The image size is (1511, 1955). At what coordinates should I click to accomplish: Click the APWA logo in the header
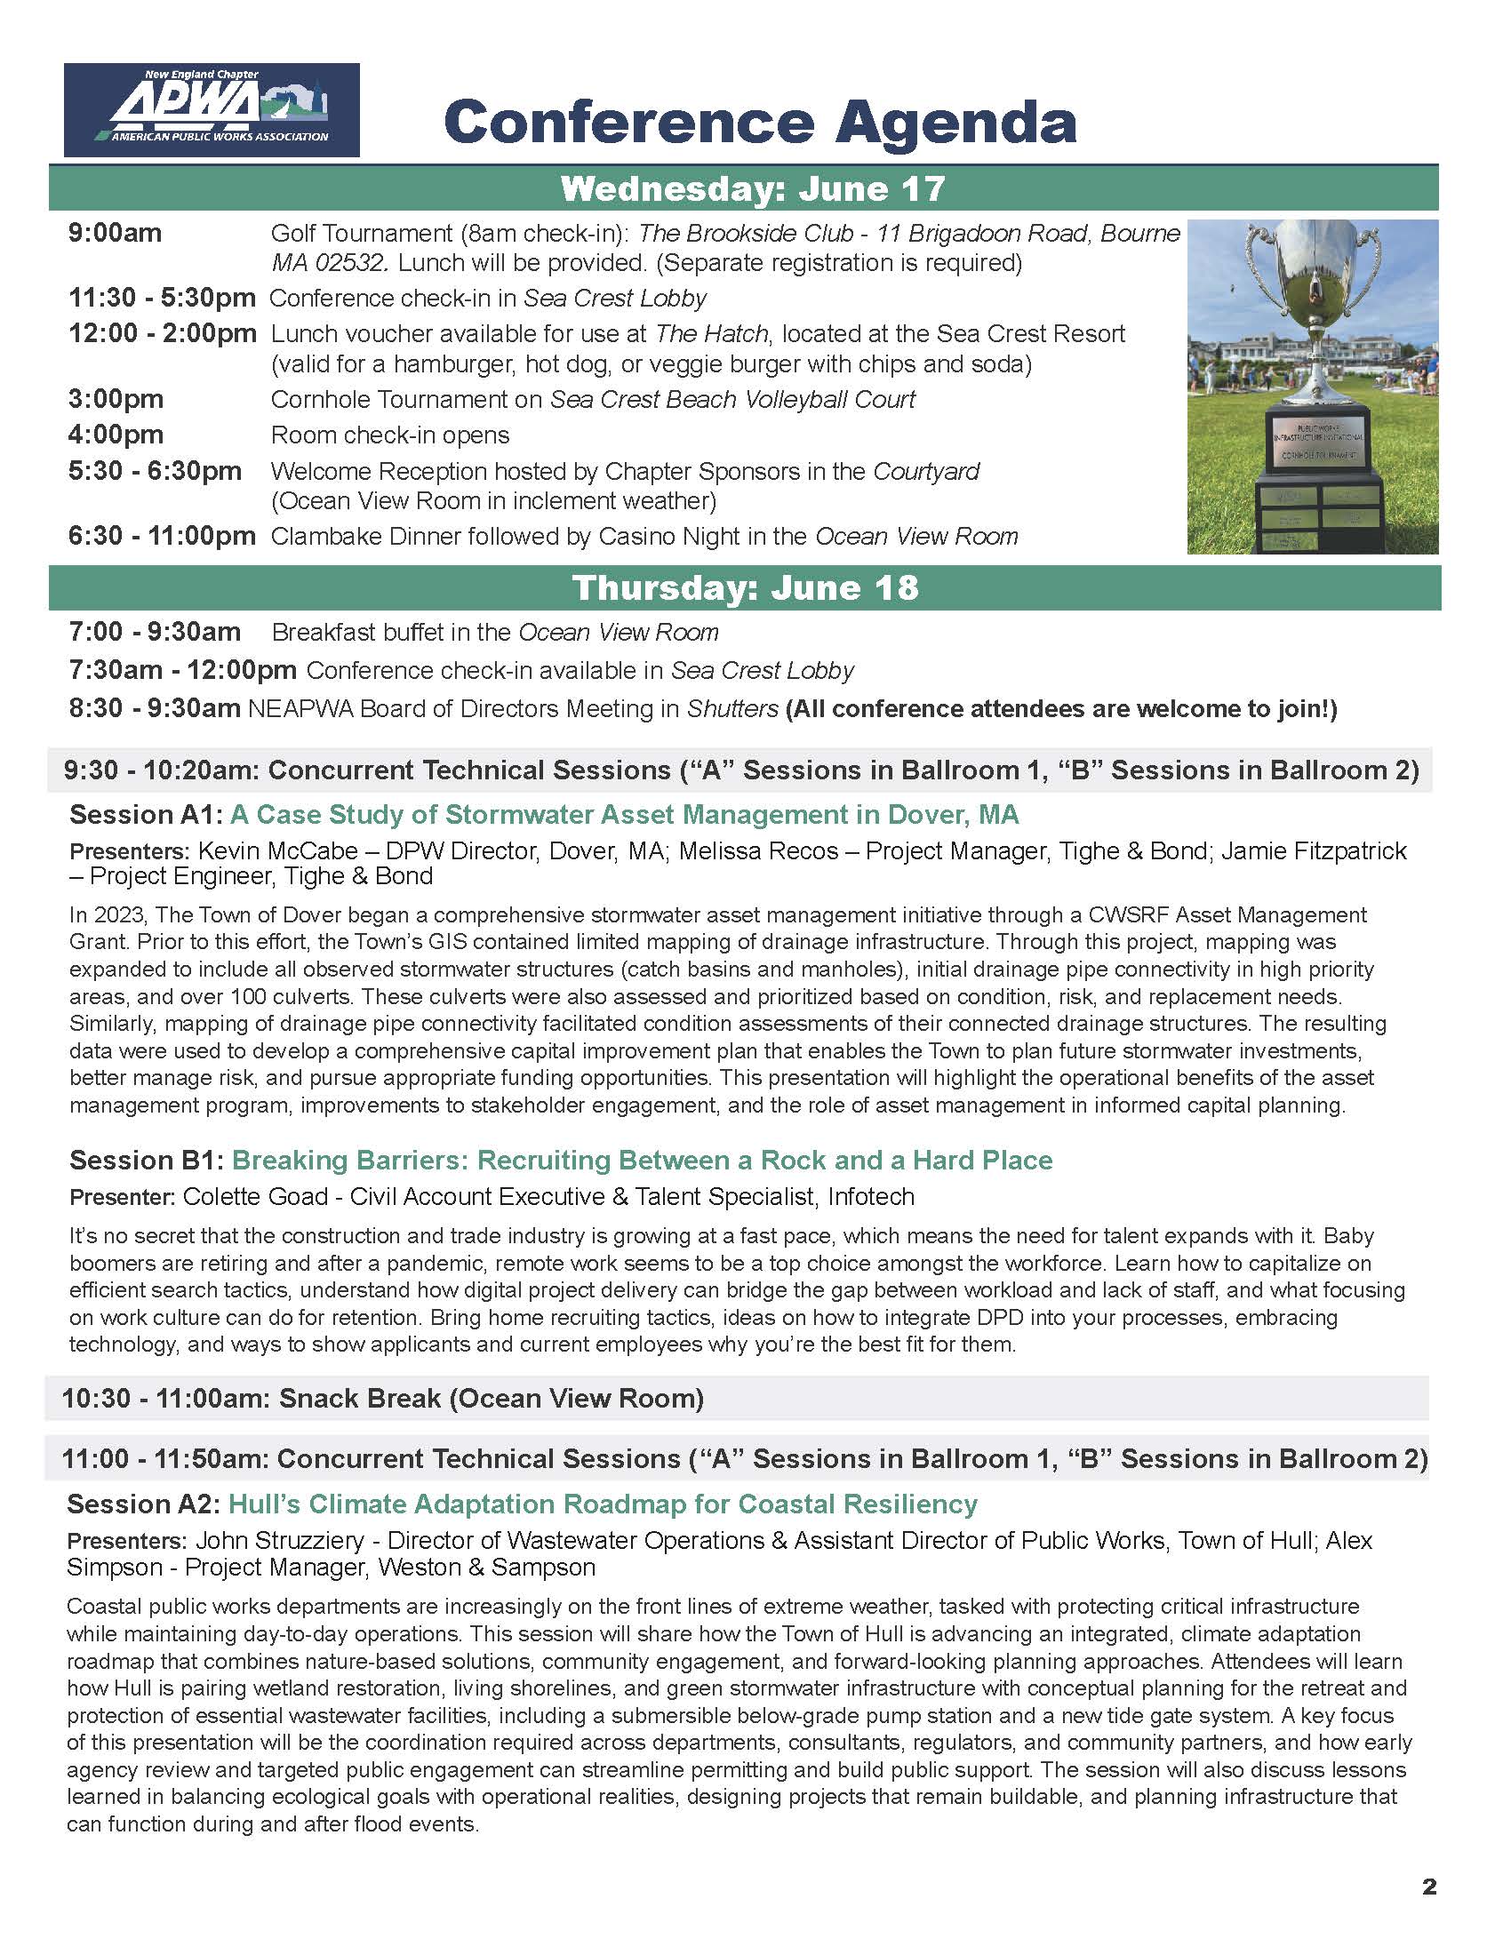coord(212,110)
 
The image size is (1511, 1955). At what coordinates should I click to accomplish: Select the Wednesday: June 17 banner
coord(752,189)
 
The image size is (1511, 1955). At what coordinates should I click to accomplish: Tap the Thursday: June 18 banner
coord(745,587)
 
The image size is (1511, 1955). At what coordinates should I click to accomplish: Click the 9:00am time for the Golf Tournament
coord(116,233)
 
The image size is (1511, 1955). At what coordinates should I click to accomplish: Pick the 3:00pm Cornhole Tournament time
coord(116,399)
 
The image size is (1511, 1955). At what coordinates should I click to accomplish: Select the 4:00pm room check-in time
coord(116,435)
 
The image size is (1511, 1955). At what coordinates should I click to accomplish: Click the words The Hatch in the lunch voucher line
coord(711,334)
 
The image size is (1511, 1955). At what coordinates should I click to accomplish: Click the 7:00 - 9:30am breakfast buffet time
coord(155,632)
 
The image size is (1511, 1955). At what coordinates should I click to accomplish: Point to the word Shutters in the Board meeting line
coord(732,709)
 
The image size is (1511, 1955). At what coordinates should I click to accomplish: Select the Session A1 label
coord(144,815)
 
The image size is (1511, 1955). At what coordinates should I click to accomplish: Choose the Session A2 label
coord(142,1504)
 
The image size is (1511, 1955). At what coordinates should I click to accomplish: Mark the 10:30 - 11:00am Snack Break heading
coord(382,1398)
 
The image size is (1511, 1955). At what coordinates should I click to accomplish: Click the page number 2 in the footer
coord(1429,1887)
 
